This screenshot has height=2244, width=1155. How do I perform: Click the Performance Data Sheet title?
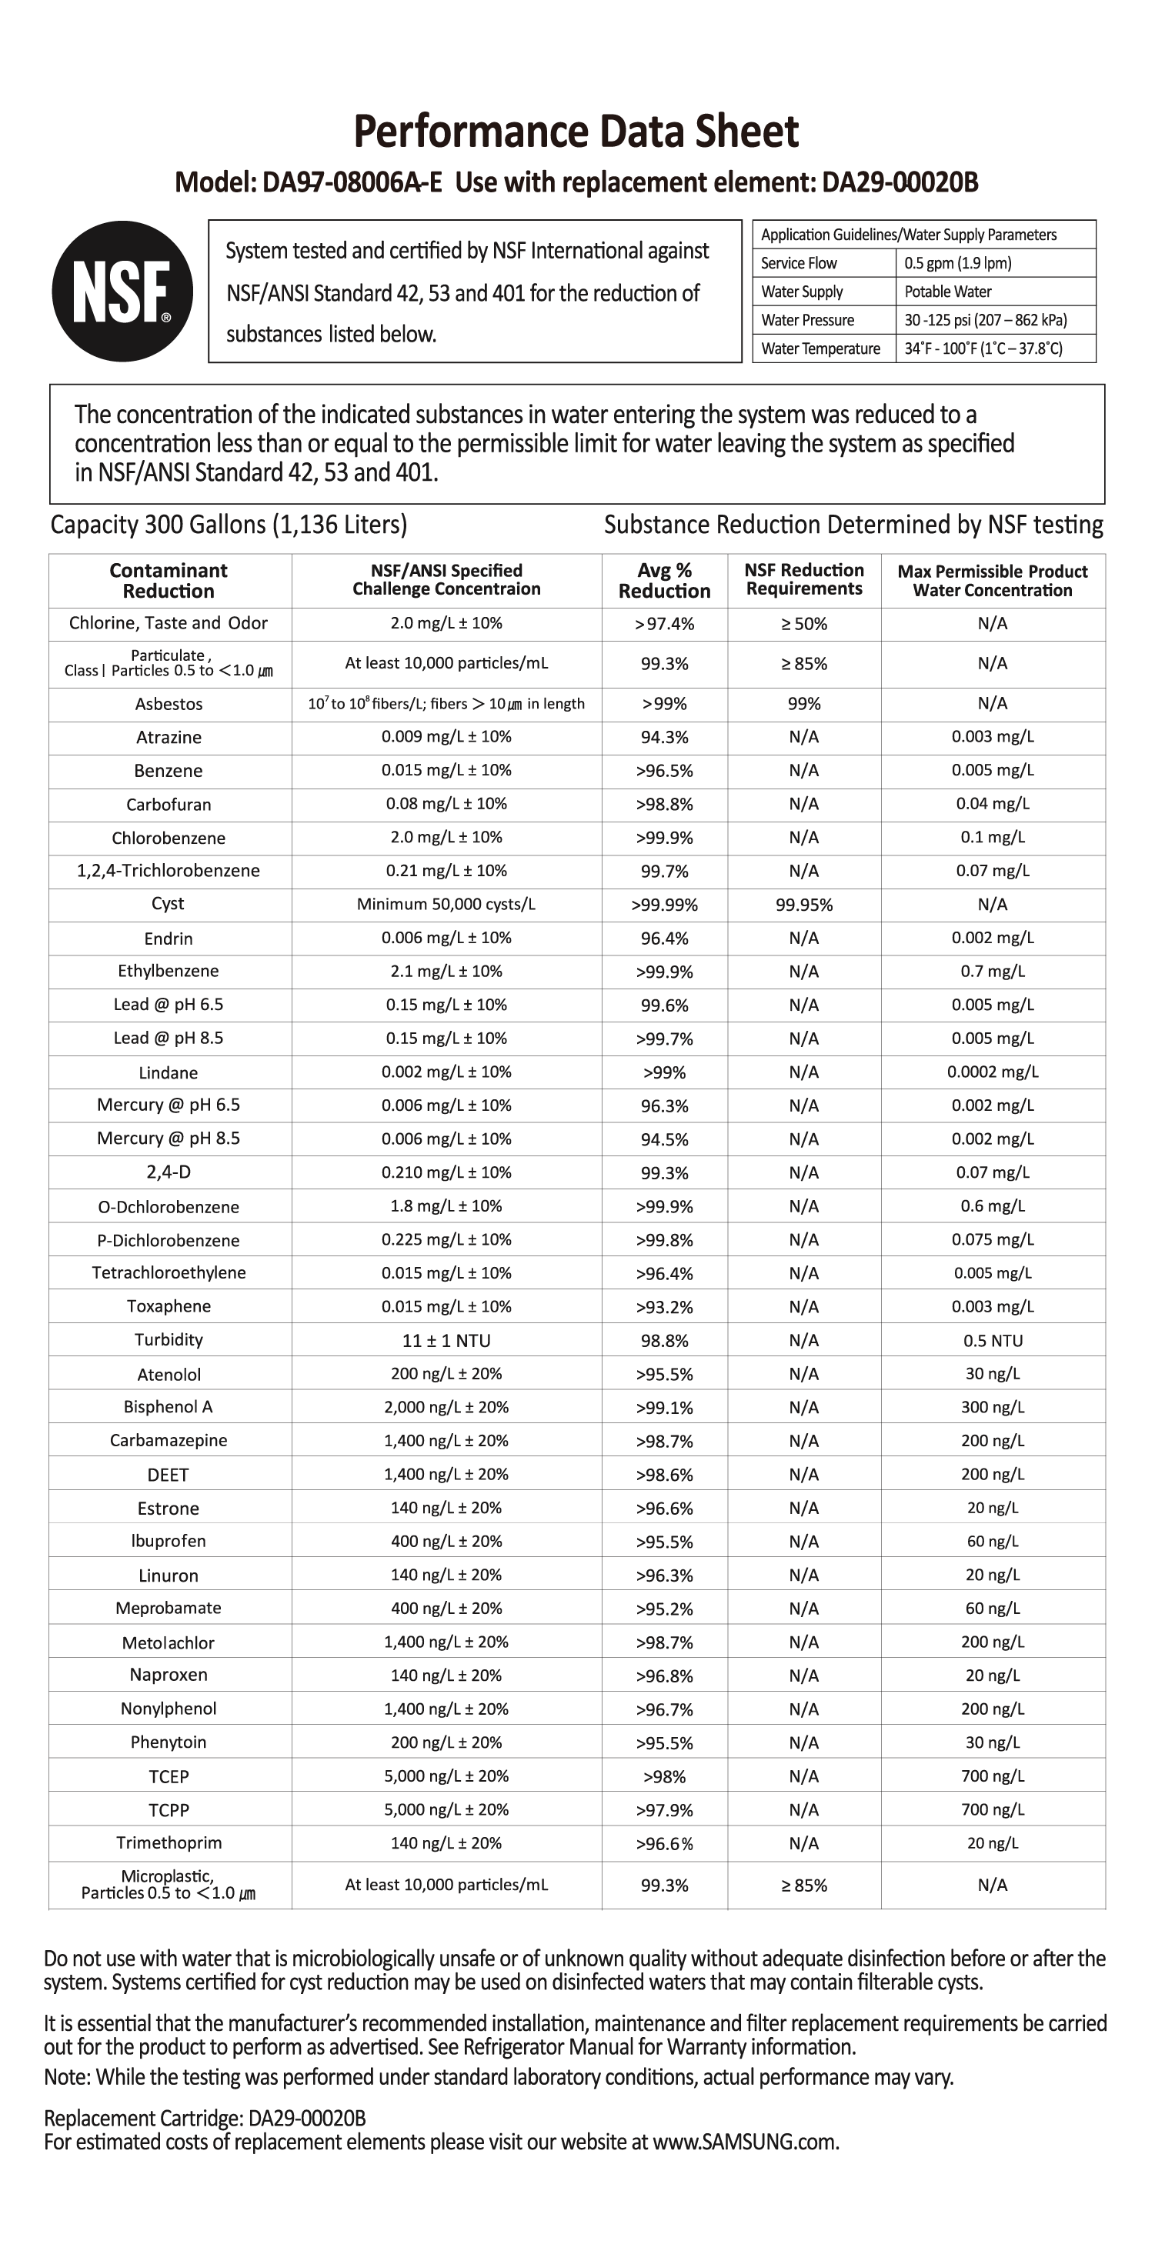(x=576, y=132)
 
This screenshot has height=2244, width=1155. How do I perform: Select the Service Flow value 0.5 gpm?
(x=957, y=263)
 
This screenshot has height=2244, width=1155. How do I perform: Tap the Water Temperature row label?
(x=820, y=348)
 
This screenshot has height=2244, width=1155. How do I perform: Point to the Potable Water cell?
(x=948, y=292)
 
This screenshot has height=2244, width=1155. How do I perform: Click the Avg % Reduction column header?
(x=664, y=581)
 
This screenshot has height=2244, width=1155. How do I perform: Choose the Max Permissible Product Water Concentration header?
(x=992, y=581)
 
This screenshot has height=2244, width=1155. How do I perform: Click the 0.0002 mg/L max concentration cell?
(x=992, y=1072)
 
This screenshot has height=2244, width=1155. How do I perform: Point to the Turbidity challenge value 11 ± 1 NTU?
(x=446, y=1341)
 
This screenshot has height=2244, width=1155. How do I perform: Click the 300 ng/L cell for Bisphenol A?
(x=992, y=1408)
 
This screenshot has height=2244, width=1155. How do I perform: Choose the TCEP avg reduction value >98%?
(x=664, y=1776)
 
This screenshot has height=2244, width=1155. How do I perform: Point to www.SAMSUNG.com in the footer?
(x=745, y=2142)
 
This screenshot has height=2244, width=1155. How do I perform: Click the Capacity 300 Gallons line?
(x=229, y=525)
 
